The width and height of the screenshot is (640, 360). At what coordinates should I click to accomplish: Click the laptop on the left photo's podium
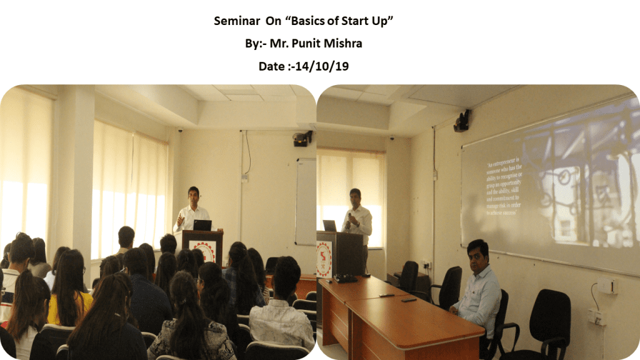point(202,225)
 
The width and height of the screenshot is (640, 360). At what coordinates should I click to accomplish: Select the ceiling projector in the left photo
point(302,139)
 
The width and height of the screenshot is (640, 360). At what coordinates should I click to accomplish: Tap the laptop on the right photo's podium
point(329,226)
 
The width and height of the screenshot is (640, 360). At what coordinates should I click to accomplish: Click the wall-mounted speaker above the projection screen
point(462,121)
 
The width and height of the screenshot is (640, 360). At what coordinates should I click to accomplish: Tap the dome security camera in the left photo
point(181,130)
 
